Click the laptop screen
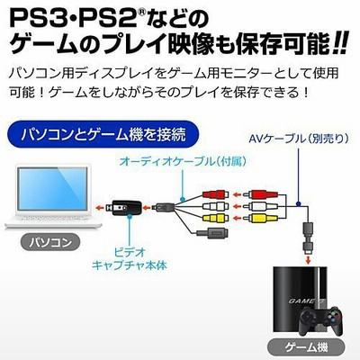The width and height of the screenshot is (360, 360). tap(52, 189)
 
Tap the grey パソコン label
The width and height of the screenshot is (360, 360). tap(50, 242)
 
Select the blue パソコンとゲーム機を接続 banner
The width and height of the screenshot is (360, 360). tap(103, 134)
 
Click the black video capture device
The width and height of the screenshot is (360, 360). tap(124, 207)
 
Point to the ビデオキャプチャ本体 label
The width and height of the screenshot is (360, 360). tap(130, 258)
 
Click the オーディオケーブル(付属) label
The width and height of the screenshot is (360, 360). tap(183, 162)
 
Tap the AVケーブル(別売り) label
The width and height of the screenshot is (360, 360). tap(299, 139)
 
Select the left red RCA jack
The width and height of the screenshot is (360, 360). tap(215, 194)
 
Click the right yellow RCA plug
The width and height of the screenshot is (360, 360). tap(259, 218)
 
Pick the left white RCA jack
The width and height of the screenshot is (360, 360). tap(215, 206)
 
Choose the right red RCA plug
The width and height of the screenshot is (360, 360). tap(259, 194)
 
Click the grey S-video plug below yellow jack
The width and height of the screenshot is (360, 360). tap(211, 232)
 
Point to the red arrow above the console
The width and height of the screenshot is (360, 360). tap(308, 259)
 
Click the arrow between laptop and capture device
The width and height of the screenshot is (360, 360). tap(100, 207)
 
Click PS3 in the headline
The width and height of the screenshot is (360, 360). tap(38, 19)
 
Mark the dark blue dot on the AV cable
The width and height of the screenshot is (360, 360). tap(298, 203)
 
